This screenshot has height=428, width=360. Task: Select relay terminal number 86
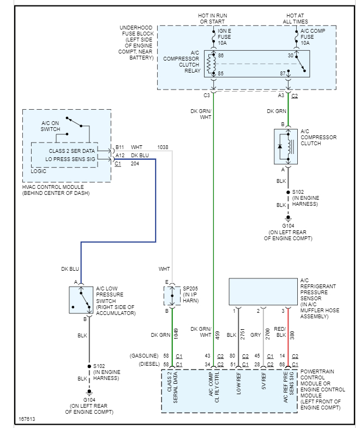tap(221, 56)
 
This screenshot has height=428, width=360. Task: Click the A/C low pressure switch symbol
tap(81, 299)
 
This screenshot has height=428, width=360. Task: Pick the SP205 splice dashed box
tap(172, 295)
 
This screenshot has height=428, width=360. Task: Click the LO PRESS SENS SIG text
tap(70, 159)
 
